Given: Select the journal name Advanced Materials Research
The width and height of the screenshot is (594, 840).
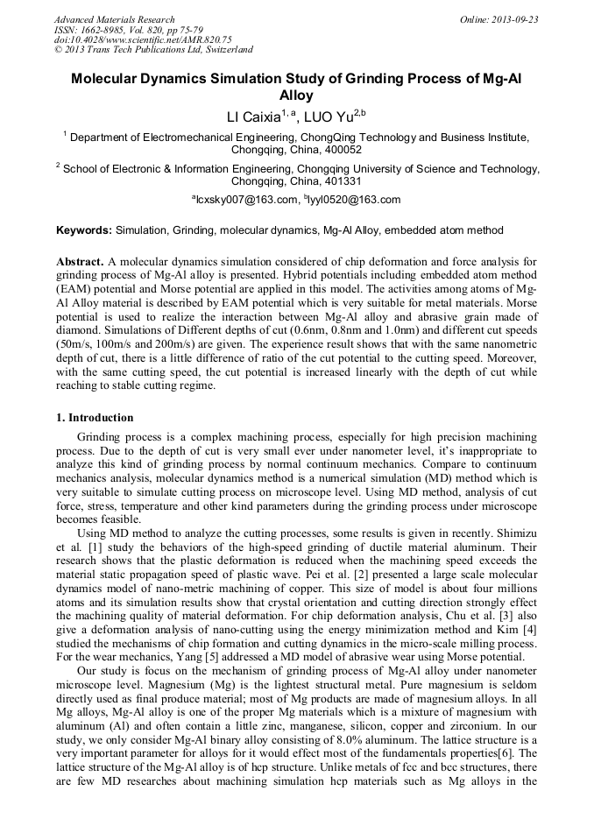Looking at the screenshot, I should pos(114,19).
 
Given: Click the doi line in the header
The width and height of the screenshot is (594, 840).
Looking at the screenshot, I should pos(143,40).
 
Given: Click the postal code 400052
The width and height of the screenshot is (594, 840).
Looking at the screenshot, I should pos(338,151).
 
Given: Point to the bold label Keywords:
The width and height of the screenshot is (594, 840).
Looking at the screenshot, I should pos(84,231).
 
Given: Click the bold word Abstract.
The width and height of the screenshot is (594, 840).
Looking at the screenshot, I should pos(81,262).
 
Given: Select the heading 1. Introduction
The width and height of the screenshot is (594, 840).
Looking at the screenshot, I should pos(95,418).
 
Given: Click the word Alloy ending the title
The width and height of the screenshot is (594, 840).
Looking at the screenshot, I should pos(296,96).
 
